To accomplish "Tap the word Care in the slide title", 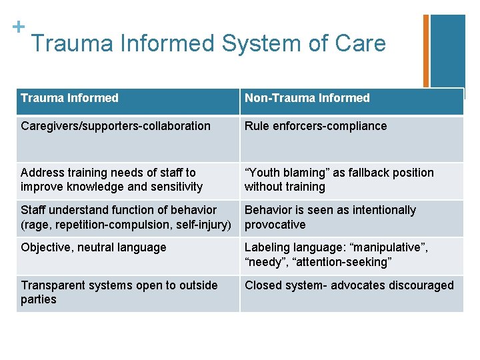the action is point(361,43).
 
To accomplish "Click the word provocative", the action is point(275,225).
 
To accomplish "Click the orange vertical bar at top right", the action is point(426,51).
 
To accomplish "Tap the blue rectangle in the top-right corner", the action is point(447,51).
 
